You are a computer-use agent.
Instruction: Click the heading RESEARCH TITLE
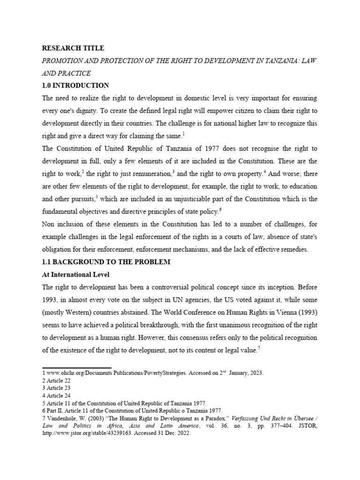pyautogui.click(x=73, y=48)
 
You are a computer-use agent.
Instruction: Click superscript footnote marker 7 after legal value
pyautogui.click(x=259, y=347)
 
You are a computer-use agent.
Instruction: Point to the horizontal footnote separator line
pyautogui.click(x=77, y=368)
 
